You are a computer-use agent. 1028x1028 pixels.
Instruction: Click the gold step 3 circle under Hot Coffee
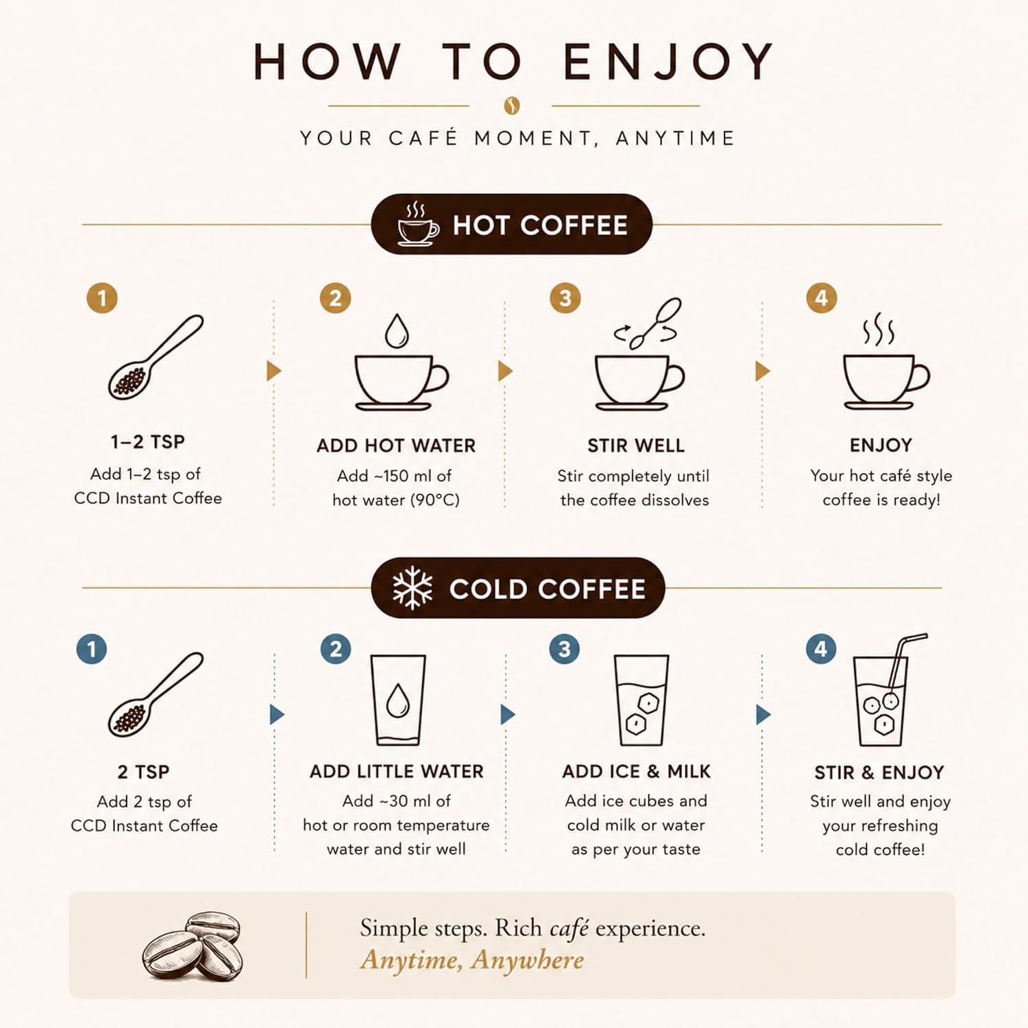click(565, 298)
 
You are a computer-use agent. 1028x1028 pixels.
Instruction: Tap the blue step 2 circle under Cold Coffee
click(336, 649)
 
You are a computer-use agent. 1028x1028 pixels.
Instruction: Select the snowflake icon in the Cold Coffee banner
click(413, 588)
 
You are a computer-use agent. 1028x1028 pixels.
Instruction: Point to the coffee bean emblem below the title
click(511, 106)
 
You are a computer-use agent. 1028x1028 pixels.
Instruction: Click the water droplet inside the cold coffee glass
click(398, 700)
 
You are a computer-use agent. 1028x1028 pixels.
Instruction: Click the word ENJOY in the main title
click(668, 62)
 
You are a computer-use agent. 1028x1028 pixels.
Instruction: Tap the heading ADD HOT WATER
click(396, 445)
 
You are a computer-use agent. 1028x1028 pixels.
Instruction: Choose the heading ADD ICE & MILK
click(636, 772)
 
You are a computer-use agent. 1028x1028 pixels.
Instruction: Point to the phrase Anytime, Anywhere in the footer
click(472, 960)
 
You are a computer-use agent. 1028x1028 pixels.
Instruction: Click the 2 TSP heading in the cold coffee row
click(143, 772)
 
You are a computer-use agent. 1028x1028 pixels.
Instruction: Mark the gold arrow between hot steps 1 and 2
click(274, 371)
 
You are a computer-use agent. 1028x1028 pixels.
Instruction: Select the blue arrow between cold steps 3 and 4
click(763, 715)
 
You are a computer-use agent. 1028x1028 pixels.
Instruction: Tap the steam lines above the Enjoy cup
click(879, 330)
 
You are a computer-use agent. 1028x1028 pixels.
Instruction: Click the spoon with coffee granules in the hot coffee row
click(156, 357)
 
